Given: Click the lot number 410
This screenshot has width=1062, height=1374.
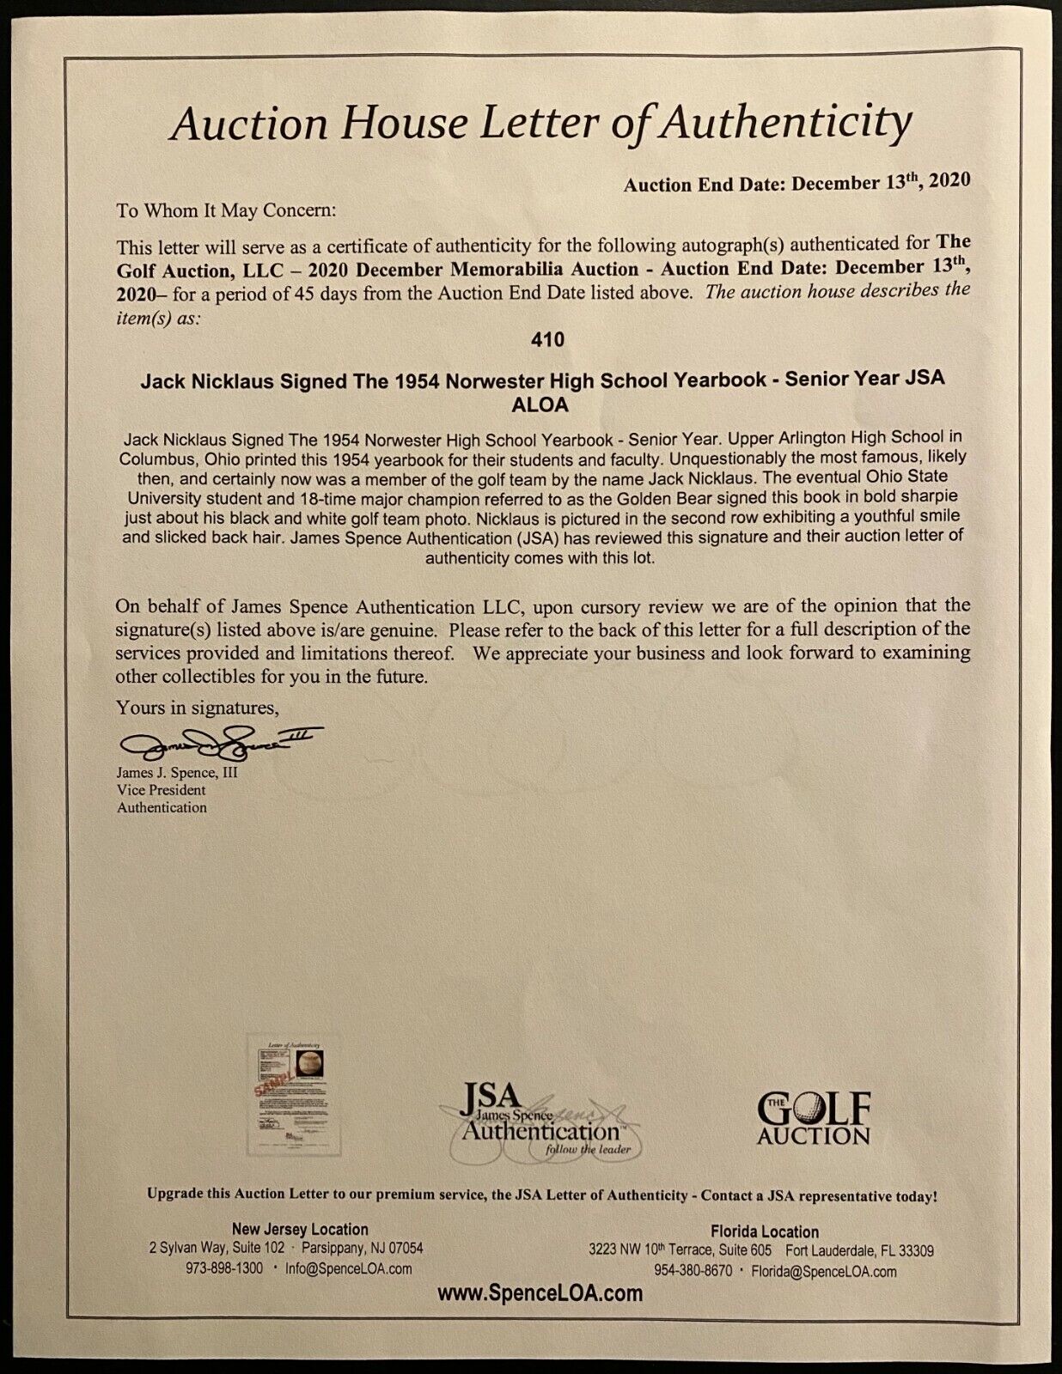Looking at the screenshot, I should pos(547,340).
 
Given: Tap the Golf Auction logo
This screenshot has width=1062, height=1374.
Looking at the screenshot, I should pos(814,1118).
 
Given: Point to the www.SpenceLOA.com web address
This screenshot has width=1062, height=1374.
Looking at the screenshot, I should pos(540,1293).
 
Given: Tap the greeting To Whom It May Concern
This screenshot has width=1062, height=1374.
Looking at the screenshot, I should pos(227,210).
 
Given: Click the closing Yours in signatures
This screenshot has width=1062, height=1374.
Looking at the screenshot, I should pos(198,708).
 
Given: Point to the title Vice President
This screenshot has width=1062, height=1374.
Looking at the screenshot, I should pos(162,790).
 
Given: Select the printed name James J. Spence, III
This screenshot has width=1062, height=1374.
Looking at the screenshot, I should pos(178,773).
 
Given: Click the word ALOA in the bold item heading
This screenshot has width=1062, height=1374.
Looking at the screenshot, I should pos(543,404).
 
